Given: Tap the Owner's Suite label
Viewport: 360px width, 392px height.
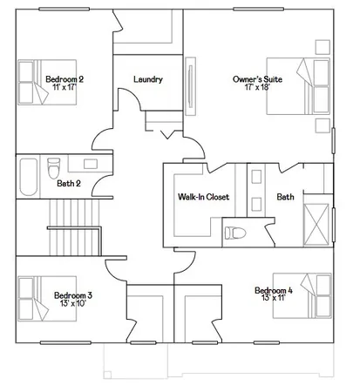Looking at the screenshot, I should click(255, 79).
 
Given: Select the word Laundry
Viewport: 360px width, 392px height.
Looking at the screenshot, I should click(148, 80).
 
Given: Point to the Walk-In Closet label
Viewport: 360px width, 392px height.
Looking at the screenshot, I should click(202, 198).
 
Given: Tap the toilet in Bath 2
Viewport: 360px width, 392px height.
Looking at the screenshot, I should click(53, 164).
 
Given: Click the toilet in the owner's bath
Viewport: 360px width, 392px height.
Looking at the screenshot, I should click(234, 233).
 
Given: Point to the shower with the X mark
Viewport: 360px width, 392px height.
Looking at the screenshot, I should click(319, 222).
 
